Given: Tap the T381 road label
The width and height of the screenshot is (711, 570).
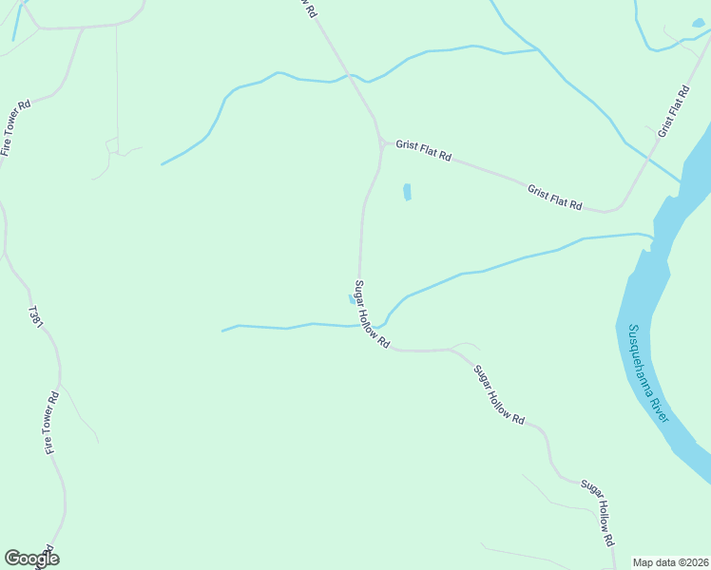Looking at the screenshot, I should point(37,317).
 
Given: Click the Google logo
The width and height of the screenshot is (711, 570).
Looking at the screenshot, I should point(31,559).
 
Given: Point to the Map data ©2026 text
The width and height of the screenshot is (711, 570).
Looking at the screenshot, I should point(670,562).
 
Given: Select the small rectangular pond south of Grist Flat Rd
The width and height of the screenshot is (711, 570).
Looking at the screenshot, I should point(408,192).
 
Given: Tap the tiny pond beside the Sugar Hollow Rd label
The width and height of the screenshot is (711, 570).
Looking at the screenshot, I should point(352,298).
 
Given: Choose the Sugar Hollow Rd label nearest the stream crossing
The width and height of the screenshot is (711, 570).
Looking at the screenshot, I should point(372,313).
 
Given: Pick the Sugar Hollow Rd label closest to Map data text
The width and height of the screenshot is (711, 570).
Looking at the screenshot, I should point(596,511).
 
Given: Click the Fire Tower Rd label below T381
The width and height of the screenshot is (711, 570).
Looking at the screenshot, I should point(51,422).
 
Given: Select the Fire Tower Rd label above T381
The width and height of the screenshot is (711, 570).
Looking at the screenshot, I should point(16,127).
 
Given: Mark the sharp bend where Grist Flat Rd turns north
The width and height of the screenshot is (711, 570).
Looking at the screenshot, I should point(613,208).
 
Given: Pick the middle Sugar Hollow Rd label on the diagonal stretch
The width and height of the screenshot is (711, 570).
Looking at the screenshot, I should point(499,394).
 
